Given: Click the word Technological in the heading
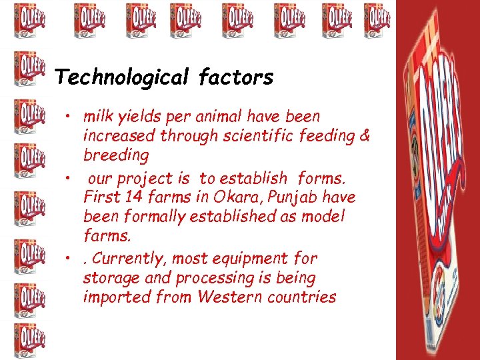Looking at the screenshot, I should tap(121, 78).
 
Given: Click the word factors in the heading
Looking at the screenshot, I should tap(235, 78).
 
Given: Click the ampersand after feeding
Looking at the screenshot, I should tap(364, 136).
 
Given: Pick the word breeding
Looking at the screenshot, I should tap(116, 155).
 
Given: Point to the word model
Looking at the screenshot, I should tap(323, 217).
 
